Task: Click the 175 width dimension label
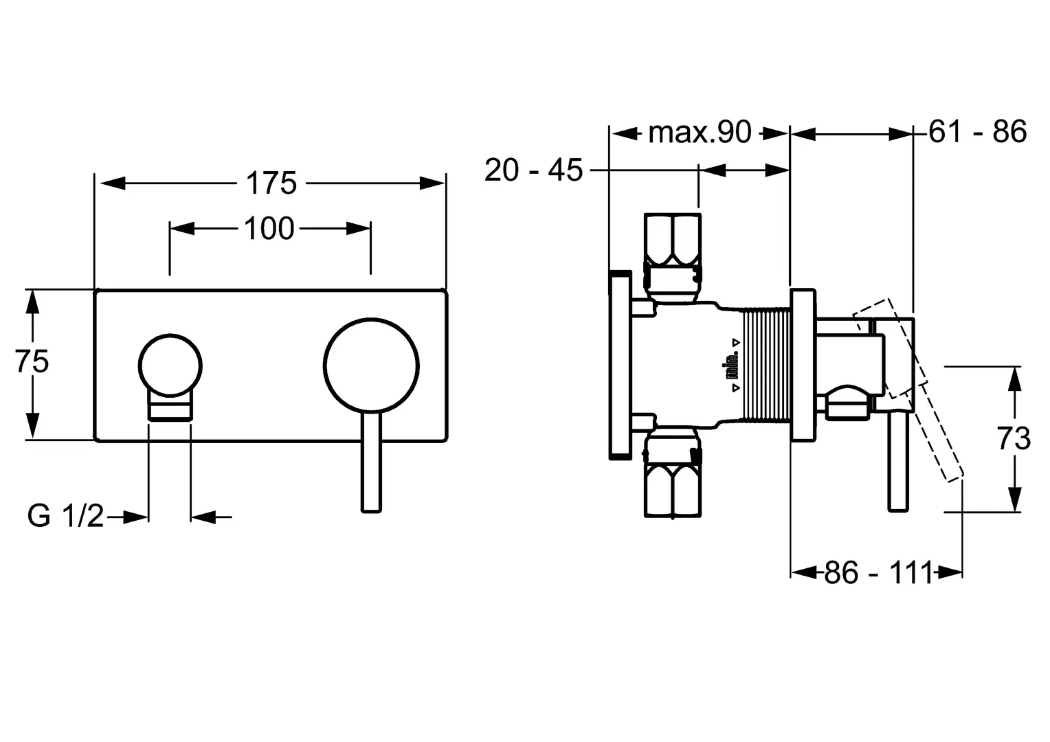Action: click(x=271, y=183)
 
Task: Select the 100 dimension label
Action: click(x=269, y=228)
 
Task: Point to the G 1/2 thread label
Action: click(x=66, y=516)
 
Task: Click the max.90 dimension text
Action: click(x=700, y=133)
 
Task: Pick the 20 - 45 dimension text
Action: click(x=533, y=170)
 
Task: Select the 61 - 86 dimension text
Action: click(x=977, y=131)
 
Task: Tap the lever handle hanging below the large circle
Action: click(x=371, y=464)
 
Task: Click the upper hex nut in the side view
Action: click(x=673, y=240)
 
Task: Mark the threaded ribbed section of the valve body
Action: click(x=767, y=364)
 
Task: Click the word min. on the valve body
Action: click(x=733, y=365)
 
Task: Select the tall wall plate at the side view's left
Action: click(x=619, y=364)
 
